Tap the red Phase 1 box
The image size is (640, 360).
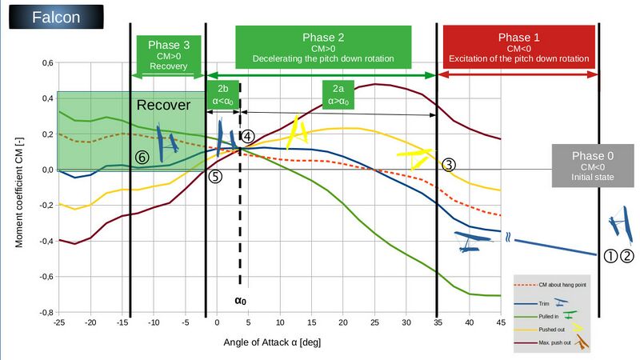[x=518, y=48]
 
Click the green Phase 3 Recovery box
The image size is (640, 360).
[x=168, y=54]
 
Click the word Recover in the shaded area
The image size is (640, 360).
[x=163, y=106]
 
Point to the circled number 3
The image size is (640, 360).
[x=449, y=165]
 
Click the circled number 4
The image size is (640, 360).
[x=248, y=137]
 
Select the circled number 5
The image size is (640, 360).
[x=214, y=177]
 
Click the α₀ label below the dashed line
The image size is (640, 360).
[x=240, y=302]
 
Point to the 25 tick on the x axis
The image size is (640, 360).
[x=374, y=322]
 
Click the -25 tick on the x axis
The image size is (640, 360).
[x=58, y=322]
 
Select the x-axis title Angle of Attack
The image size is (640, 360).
[x=272, y=342]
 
